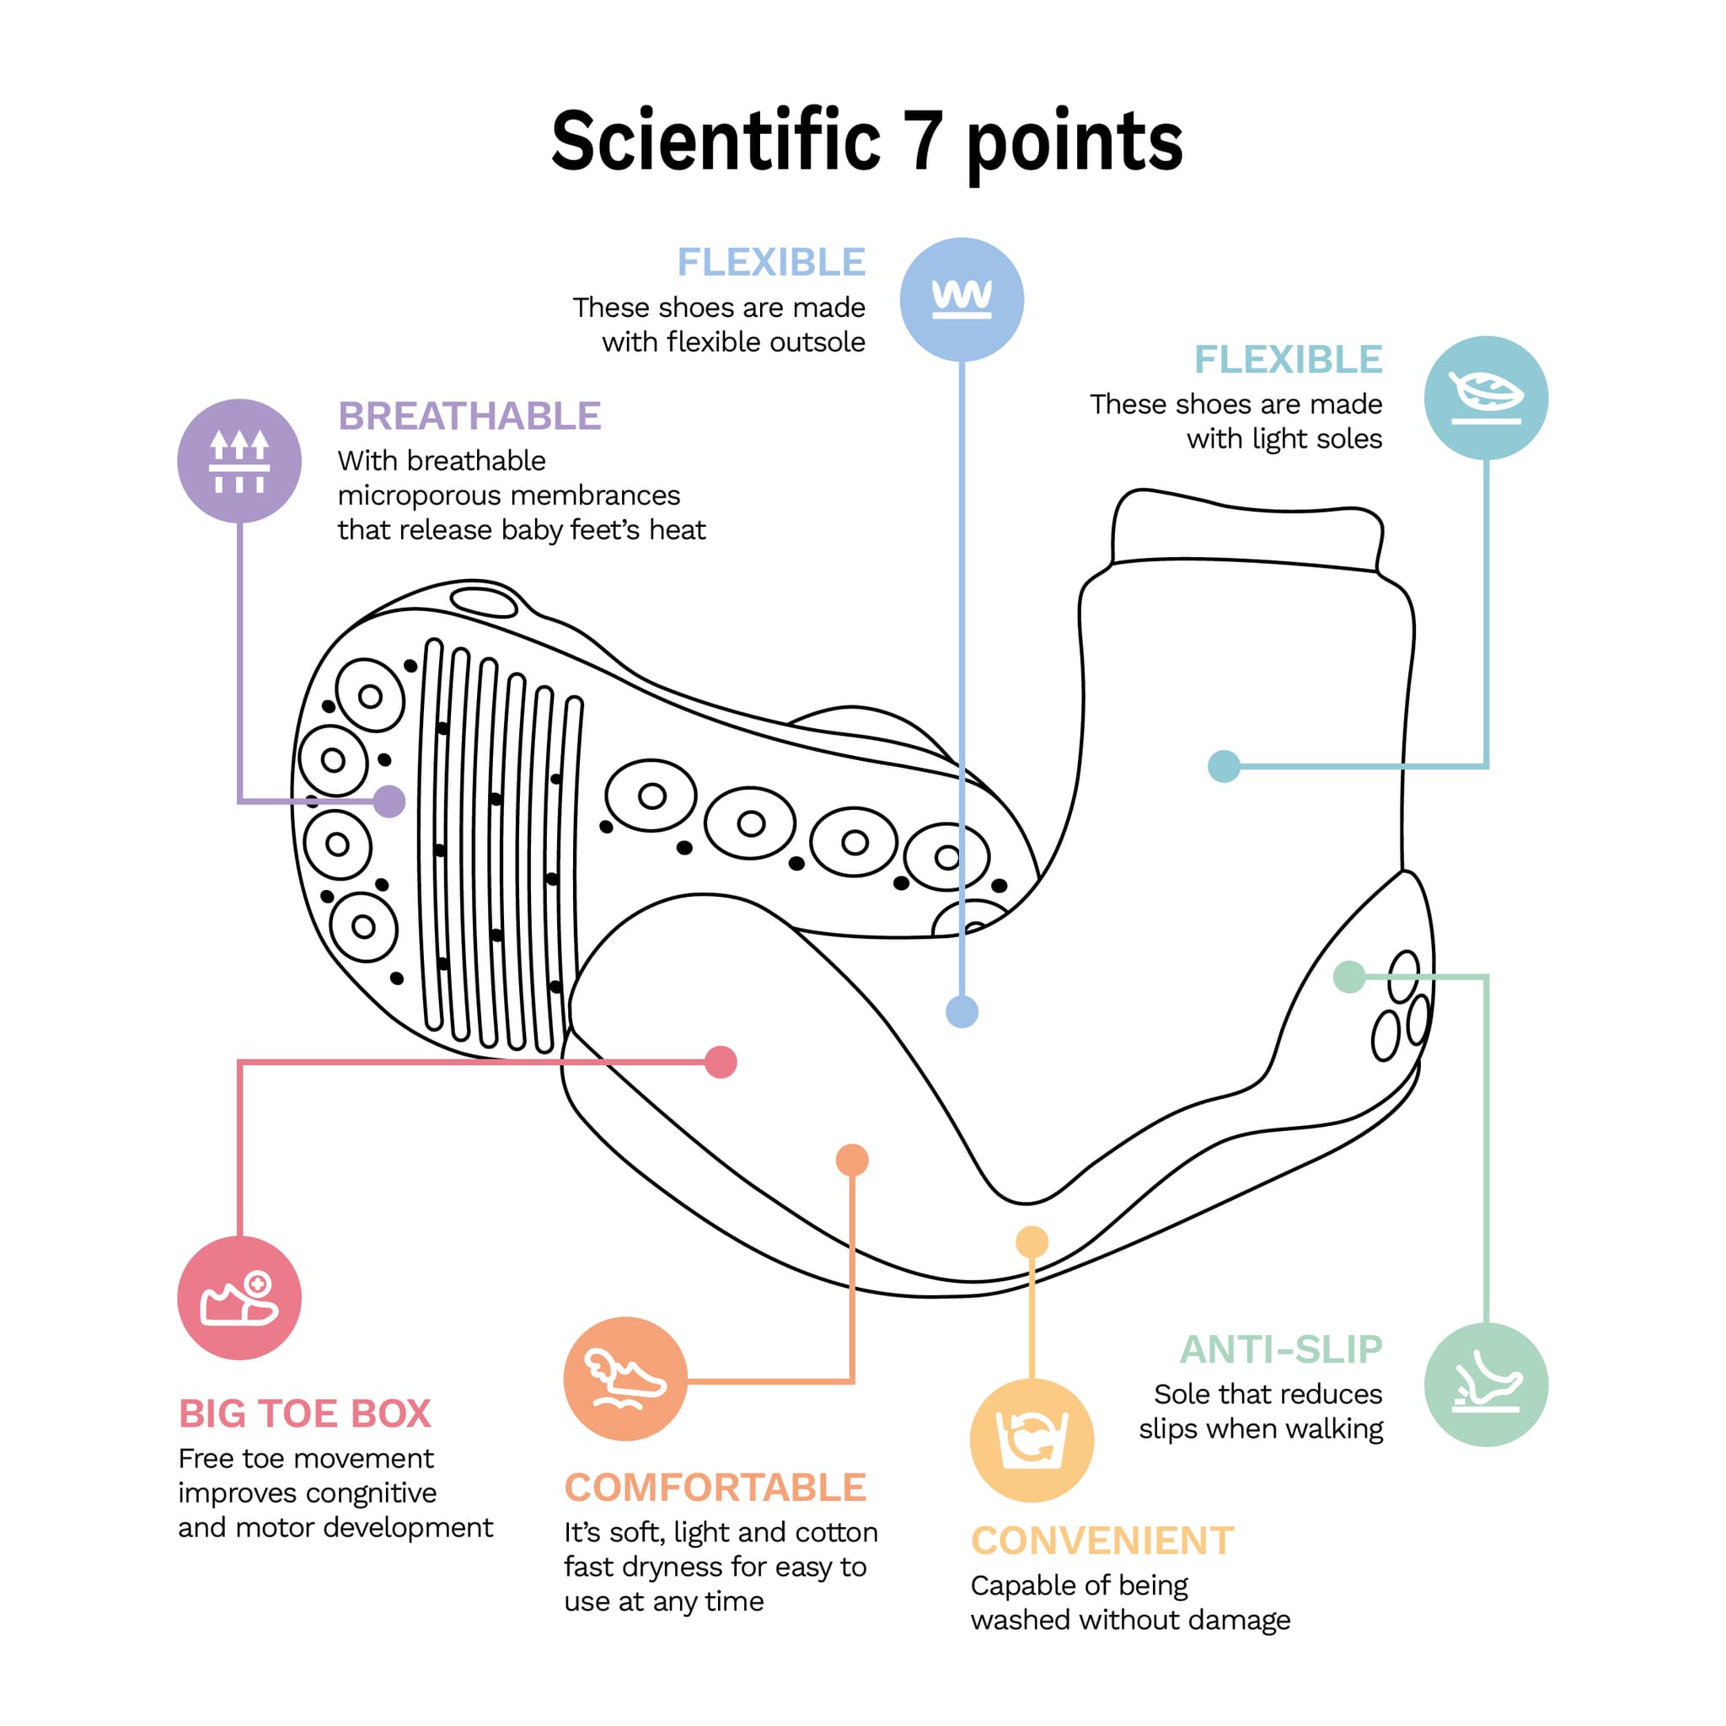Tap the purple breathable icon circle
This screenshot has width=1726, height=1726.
coord(239,461)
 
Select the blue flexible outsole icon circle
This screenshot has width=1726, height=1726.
coord(962,299)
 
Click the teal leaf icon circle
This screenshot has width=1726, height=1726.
coord(1486,398)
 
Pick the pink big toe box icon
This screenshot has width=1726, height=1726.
coord(239,1298)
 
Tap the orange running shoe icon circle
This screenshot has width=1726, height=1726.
coord(625,1379)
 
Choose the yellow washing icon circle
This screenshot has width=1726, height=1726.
coord(1032,1440)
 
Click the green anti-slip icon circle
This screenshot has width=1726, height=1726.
coord(1486,1385)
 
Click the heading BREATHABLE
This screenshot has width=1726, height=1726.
coord(469,416)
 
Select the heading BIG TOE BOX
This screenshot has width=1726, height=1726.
coord(304,1414)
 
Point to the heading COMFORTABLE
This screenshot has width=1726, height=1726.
coord(715,1488)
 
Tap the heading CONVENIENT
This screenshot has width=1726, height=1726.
coord(1102,1541)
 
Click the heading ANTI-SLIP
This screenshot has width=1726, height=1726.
coord(1281,1350)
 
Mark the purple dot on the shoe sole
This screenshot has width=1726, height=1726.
coord(389,801)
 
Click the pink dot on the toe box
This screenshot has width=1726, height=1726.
coord(721,1062)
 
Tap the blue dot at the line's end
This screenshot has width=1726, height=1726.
coord(962,1012)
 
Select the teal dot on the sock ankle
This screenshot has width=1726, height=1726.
coord(1224,765)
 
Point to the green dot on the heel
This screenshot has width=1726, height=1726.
coord(1349,977)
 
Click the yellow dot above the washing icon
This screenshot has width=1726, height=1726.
coord(1032,1241)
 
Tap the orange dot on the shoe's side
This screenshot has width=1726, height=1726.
coord(852,1160)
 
